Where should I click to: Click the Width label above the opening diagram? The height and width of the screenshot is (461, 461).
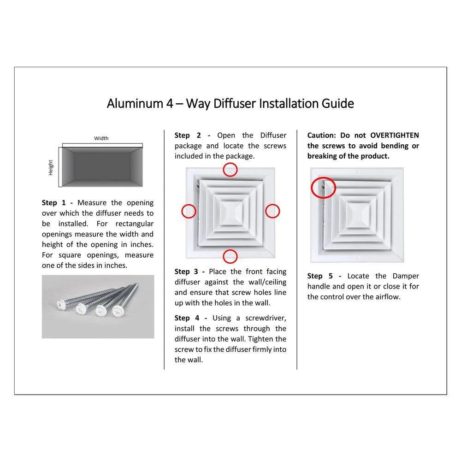point(101,138)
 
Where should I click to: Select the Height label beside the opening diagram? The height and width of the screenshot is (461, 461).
point(51,168)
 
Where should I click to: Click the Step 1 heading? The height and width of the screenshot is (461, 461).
point(54,203)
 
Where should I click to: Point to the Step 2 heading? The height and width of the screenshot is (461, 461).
point(188,136)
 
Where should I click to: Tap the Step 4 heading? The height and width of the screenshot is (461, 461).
point(187,318)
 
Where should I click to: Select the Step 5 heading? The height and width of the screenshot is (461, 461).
point(320,276)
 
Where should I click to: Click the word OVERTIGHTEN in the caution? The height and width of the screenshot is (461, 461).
point(394,135)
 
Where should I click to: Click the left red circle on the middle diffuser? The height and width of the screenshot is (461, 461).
point(182,211)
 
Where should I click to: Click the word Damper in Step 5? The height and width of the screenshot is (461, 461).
point(405,276)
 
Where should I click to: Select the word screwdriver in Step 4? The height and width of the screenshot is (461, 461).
point(266,319)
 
